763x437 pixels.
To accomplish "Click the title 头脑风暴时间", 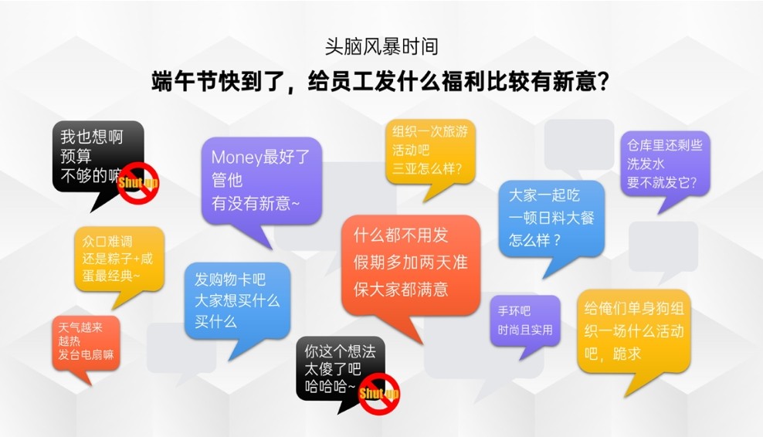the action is (x=381, y=47).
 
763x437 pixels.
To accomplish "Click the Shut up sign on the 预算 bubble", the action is (x=139, y=183).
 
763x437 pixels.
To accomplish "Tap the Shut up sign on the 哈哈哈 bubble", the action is (x=379, y=394).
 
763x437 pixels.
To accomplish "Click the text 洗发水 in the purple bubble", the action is (x=646, y=164).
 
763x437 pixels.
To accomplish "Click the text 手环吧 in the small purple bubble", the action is (x=514, y=310).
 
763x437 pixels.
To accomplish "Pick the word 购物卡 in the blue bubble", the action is (x=229, y=279).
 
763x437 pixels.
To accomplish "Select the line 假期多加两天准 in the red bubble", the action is (x=410, y=263).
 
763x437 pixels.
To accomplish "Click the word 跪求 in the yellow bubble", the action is (x=627, y=354).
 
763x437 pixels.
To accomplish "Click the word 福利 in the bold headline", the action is (x=463, y=81).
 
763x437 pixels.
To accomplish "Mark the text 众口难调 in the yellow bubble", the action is (x=107, y=242).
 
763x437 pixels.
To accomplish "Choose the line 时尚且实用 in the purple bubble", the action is (x=525, y=330).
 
